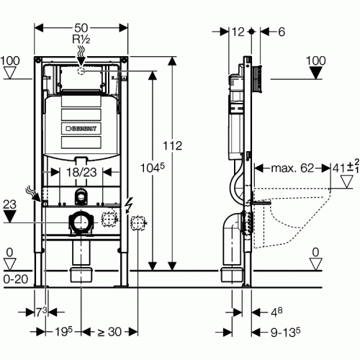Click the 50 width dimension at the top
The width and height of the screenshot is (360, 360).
[81, 28]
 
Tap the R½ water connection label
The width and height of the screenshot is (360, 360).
[81, 39]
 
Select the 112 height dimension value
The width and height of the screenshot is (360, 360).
[173, 145]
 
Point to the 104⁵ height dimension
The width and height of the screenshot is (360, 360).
[153, 168]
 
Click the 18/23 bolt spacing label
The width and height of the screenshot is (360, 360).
[81, 172]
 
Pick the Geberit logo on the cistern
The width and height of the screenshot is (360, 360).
[81, 129]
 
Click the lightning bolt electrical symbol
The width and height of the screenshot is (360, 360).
[129, 204]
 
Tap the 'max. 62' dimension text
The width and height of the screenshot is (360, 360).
[292, 168]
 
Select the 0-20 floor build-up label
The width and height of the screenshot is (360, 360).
[16, 279]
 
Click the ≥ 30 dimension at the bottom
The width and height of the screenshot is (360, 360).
[109, 332]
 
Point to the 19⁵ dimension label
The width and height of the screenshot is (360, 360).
[63, 332]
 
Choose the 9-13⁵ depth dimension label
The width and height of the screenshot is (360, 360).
[285, 332]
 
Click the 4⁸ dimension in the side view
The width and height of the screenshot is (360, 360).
[276, 312]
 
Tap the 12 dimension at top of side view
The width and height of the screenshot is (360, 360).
[238, 32]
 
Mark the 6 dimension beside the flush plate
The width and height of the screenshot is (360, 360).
[282, 32]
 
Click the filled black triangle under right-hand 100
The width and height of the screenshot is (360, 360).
[315, 73]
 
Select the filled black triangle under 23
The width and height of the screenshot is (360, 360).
[9, 217]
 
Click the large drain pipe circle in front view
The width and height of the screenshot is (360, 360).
[81, 222]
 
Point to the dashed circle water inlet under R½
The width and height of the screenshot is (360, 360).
[81, 71]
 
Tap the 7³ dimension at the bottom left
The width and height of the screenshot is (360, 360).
[41, 312]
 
